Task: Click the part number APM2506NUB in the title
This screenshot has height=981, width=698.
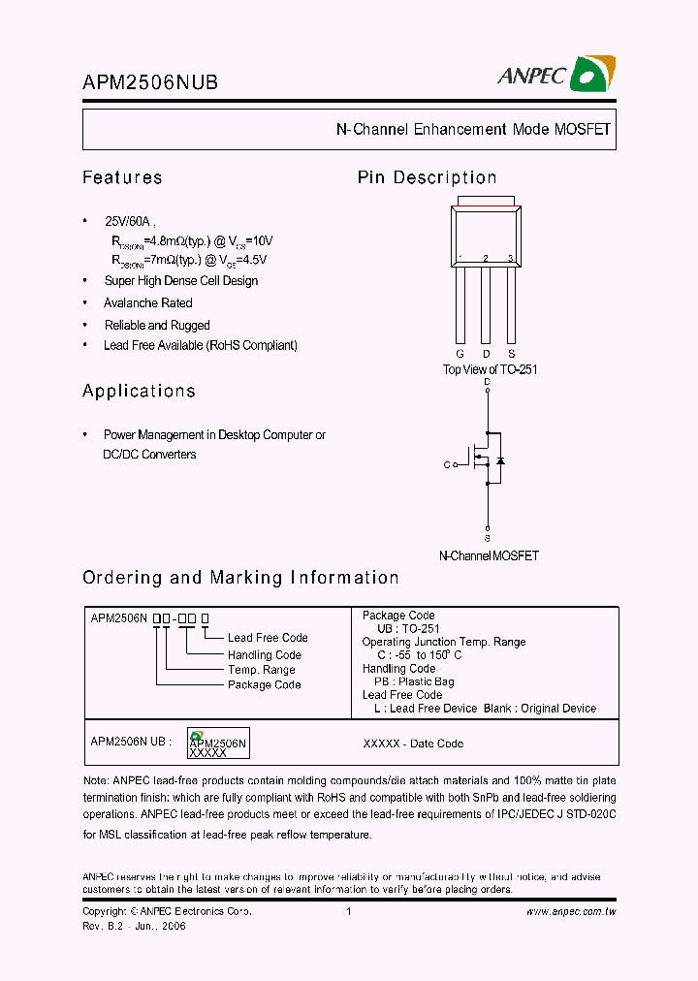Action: pyautogui.click(x=150, y=83)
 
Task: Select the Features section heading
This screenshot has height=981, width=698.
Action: pyautogui.click(x=122, y=177)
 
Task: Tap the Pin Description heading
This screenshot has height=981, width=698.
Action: pyautogui.click(x=427, y=177)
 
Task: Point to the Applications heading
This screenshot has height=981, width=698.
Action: pyautogui.click(x=139, y=391)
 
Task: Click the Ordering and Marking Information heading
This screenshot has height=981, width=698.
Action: pyautogui.click(x=240, y=578)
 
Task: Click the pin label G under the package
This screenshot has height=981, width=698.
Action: pyautogui.click(x=460, y=354)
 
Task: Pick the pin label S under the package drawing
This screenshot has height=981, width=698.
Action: pyautogui.click(x=511, y=354)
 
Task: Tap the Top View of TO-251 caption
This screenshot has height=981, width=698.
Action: pyautogui.click(x=490, y=369)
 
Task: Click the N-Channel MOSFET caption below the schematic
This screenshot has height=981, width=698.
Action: pyautogui.click(x=489, y=556)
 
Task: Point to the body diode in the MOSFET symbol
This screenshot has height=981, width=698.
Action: pyautogui.click(x=500, y=460)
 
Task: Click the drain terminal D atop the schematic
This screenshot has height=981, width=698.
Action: pyautogui.click(x=487, y=383)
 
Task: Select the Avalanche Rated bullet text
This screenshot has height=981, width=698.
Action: pyautogui.click(x=148, y=303)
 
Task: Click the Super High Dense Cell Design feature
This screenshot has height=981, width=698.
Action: pyautogui.click(x=181, y=281)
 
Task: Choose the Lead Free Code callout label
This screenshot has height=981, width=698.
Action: pyautogui.click(x=268, y=638)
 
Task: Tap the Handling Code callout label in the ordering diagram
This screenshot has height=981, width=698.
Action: pyautogui.click(x=264, y=654)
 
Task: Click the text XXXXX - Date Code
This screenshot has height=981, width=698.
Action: pyautogui.click(x=413, y=744)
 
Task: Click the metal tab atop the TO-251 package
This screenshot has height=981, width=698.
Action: pyautogui.click(x=486, y=202)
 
